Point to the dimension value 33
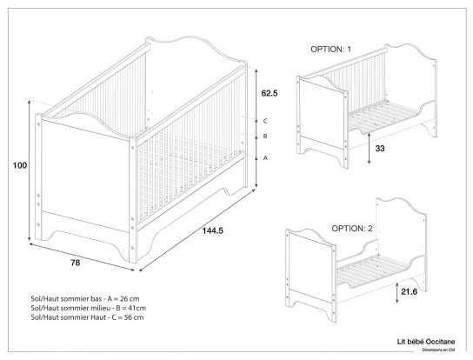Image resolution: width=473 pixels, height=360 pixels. [380, 149]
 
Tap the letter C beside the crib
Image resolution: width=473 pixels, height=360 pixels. [265, 121]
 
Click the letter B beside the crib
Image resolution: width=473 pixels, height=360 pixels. [265, 137]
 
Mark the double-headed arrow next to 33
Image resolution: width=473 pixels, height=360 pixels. [370, 143]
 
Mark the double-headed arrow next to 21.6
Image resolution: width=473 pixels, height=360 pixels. [397, 292]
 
